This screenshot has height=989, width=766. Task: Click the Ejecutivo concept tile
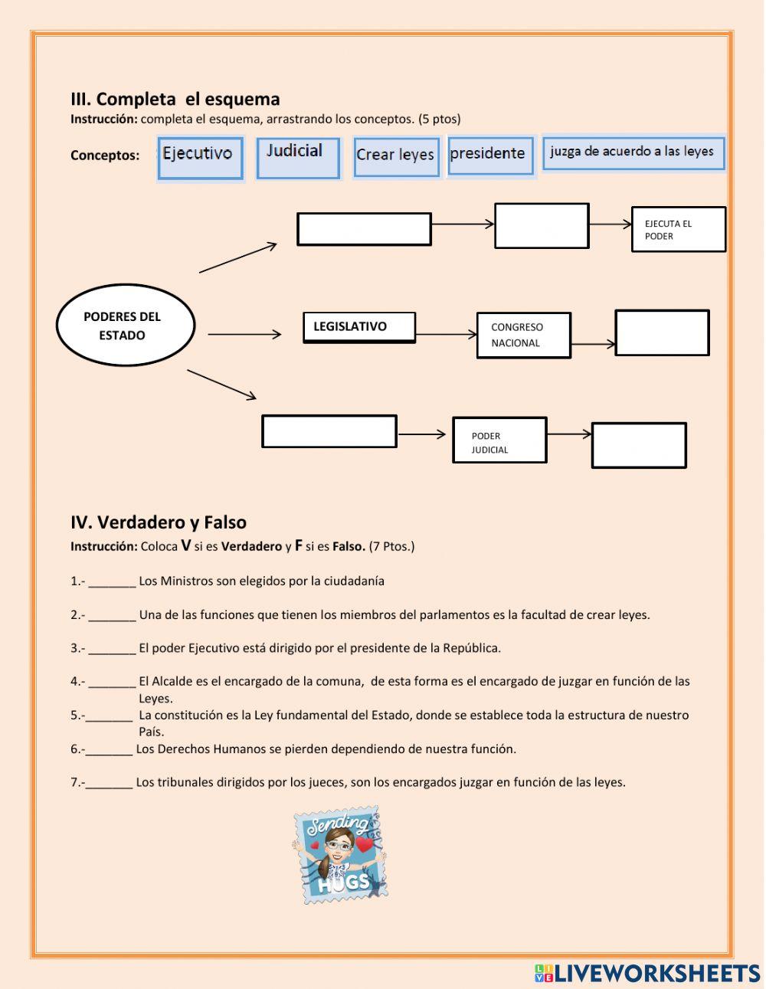(200, 158)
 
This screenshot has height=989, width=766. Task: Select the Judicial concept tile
(297, 158)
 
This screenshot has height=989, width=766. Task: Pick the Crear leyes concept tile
(396, 156)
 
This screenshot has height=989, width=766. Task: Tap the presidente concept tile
(489, 156)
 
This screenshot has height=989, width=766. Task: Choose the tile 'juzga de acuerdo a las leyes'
(633, 153)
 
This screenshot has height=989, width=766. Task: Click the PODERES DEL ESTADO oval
(125, 326)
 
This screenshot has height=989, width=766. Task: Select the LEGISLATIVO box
(359, 327)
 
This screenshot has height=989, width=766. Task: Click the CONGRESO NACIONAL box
(523, 335)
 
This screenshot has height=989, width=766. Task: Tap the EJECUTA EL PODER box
(678, 229)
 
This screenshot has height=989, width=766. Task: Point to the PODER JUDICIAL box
(499, 440)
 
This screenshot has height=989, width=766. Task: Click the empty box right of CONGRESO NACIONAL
(662, 332)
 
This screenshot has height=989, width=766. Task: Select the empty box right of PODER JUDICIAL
(638, 445)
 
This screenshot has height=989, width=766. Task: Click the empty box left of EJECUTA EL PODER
(542, 226)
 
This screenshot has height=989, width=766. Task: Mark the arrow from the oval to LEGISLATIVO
(244, 334)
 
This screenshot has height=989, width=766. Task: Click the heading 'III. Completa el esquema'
(175, 99)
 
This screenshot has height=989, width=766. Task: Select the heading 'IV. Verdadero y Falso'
(159, 522)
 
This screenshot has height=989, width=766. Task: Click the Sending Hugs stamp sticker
(339, 854)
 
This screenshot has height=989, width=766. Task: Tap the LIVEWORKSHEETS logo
(647, 973)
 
